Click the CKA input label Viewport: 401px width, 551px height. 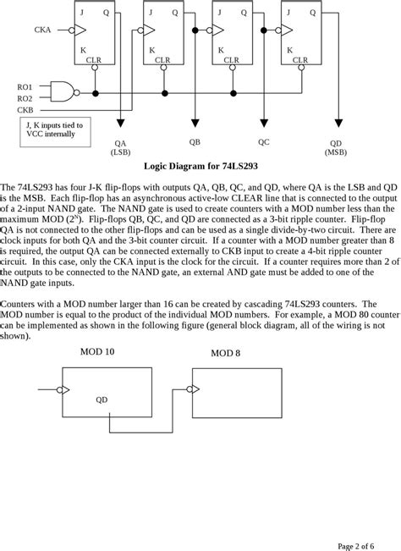(x=42, y=30)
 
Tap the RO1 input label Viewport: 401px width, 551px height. (x=26, y=86)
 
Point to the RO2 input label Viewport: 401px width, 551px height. (x=26, y=98)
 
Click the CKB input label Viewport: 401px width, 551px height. (x=26, y=109)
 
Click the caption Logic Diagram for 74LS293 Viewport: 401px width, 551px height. (x=199, y=167)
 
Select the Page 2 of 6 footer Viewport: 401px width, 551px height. (x=363, y=543)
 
